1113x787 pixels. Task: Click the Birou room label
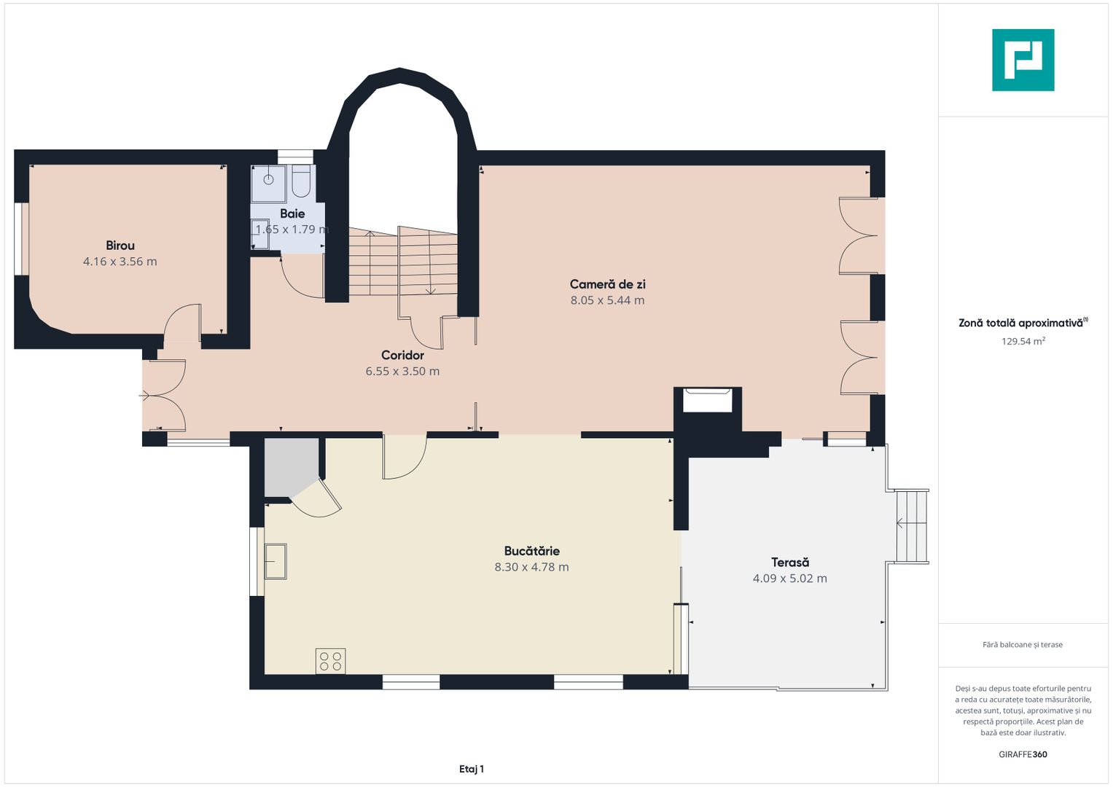pyautogui.click(x=120, y=246)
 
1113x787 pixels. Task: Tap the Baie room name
pyautogui.click(x=292, y=214)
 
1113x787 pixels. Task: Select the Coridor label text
pyautogui.click(x=402, y=356)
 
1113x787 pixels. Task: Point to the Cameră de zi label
pyautogui.click(x=607, y=284)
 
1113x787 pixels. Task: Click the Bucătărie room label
pyautogui.click(x=531, y=551)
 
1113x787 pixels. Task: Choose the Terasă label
pyautogui.click(x=790, y=563)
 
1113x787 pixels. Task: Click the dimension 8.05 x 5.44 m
pyautogui.click(x=607, y=300)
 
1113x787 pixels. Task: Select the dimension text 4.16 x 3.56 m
pyautogui.click(x=120, y=262)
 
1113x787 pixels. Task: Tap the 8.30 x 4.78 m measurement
pyautogui.click(x=531, y=567)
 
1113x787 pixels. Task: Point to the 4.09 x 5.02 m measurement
pyautogui.click(x=790, y=579)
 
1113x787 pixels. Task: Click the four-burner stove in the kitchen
pyautogui.click(x=330, y=662)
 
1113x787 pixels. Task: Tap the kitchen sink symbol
pyautogui.click(x=276, y=561)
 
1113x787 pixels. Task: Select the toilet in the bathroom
pyautogui.click(x=301, y=182)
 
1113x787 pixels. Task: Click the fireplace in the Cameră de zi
pyautogui.click(x=707, y=401)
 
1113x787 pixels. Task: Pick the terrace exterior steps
pyautogui.click(x=913, y=526)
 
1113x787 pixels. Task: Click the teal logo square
pyautogui.click(x=1023, y=60)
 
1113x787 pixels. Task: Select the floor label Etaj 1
pyautogui.click(x=472, y=769)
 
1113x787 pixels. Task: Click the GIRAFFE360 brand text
pyautogui.click(x=1023, y=754)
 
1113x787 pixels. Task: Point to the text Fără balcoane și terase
pyautogui.click(x=1023, y=644)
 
